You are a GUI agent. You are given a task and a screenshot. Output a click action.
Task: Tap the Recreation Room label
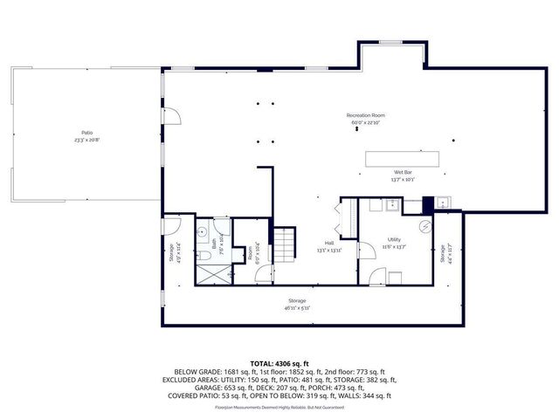[366, 115]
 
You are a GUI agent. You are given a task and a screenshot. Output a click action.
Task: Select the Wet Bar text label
[403, 173]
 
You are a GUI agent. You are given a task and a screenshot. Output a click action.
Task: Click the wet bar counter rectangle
[408, 158]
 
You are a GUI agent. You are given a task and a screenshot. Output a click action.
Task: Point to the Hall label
[329, 244]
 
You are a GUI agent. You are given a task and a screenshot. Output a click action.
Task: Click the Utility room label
[394, 239]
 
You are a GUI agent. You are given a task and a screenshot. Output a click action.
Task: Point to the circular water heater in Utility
[424, 227]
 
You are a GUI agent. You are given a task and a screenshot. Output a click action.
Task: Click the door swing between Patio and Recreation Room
[172, 115]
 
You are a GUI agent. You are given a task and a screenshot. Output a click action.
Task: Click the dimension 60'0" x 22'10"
[366, 122]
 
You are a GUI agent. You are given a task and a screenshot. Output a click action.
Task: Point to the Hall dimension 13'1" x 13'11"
[329, 251]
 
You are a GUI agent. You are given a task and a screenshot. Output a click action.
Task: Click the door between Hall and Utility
[377, 277]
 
